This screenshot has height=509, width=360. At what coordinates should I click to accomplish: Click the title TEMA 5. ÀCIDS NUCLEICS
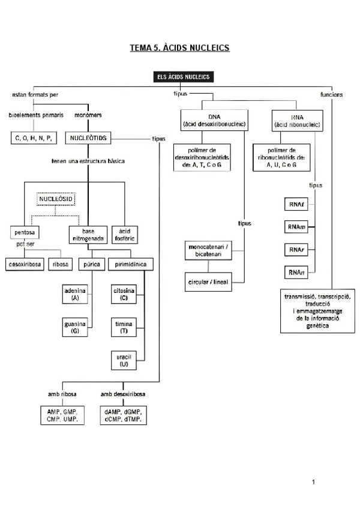coord(180,48)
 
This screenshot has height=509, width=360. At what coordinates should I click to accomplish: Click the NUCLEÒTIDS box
coord(88,138)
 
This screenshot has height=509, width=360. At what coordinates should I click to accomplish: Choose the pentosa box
coord(26,231)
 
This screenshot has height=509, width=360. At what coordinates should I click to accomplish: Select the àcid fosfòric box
coord(124,234)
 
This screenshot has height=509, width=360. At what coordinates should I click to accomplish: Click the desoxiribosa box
coord(25,264)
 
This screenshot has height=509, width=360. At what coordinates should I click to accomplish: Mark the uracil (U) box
coord(124,360)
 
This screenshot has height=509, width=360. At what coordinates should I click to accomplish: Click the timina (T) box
coord(124,327)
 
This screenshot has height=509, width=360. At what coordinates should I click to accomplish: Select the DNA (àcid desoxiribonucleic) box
coord(214,120)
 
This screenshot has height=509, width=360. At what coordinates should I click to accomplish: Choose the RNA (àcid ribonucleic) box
coord(297,120)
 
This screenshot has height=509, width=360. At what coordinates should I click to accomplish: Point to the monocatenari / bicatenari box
coord(208,250)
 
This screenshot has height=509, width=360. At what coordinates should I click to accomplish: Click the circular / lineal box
coord(208,281)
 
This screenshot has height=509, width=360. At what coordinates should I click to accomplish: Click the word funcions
coord(331,95)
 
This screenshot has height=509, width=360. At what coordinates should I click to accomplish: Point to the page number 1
coord(313,481)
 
